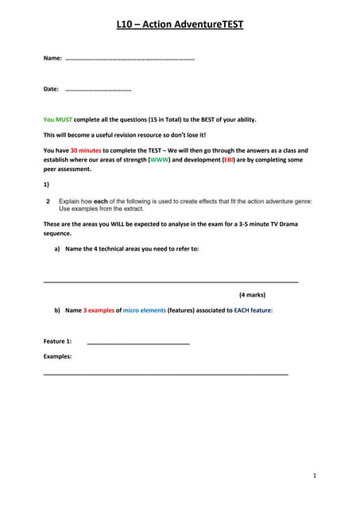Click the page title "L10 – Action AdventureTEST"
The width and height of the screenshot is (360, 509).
click(x=180, y=25)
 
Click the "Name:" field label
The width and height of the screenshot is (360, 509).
click(x=52, y=59)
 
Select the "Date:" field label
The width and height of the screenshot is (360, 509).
click(x=52, y=89)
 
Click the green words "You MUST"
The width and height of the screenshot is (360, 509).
click(x=60, y=119)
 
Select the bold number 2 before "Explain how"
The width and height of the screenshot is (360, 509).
click(x=48, y=201)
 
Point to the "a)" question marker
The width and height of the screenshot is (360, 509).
click(x=57, y=249)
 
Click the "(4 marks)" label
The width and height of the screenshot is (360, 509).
click(x=252, y=294)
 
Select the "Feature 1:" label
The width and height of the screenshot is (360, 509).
click(x=58, y=340)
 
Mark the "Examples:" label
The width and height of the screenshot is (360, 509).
click(x=57, y=356)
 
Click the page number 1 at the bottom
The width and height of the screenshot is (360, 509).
click(x=315, y=476)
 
